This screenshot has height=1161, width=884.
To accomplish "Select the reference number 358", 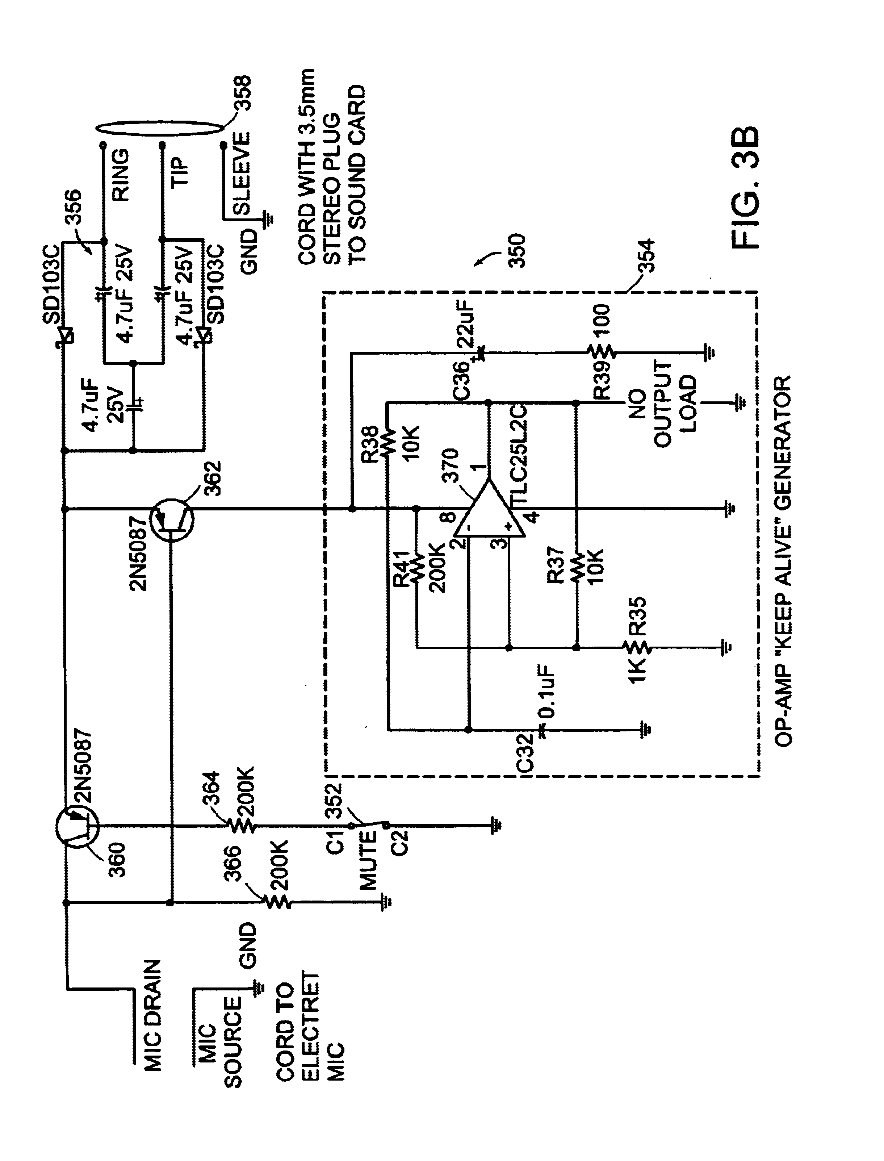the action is [243, 94].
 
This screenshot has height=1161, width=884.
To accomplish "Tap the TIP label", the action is [179, 172].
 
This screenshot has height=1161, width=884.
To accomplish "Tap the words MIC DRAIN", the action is [152, 1008].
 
